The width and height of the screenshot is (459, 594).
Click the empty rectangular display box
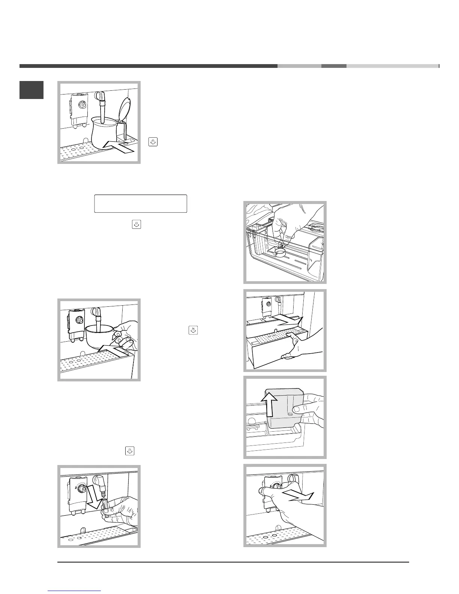point(140,204)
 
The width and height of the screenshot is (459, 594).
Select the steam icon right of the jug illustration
point(154,142)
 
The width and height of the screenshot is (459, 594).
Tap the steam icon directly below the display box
point(136,225)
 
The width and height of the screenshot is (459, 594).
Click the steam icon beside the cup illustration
point(193,330)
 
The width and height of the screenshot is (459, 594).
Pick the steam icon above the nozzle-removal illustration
point(129,451)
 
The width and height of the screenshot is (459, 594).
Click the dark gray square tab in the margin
point(31,90)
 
